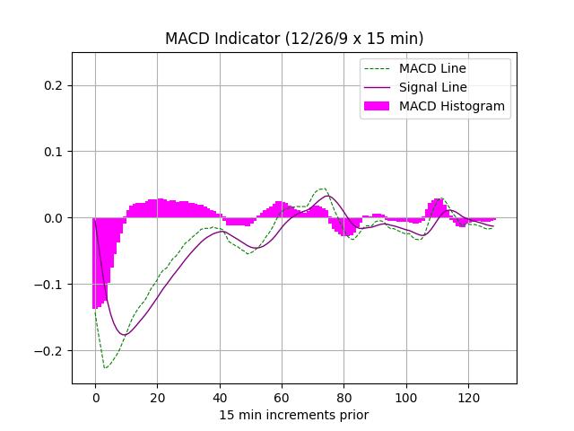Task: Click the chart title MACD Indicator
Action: coord(294,39)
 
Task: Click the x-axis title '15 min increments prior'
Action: coord(294,415)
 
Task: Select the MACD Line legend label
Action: coord(432,68)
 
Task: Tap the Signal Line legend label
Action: coord(433,87)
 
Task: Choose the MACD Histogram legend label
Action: coord(452,106)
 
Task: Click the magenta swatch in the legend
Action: coord(377,106)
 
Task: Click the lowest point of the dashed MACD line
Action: coord(105,368)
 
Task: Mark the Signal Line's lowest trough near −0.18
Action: coord(124,335)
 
